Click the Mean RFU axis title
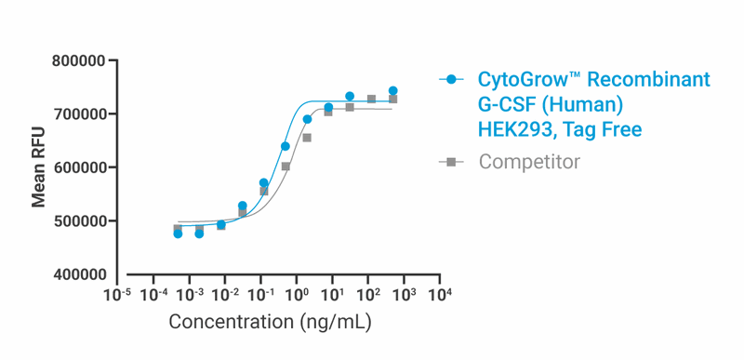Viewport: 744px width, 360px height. (39, 168)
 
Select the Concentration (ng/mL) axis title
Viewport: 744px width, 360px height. (270, 322)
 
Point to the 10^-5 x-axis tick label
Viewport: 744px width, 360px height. (116, 295)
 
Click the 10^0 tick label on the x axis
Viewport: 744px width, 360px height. (297, 295)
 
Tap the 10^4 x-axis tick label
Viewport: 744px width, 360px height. (440, 295)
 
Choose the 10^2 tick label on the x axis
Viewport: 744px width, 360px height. (368, 295)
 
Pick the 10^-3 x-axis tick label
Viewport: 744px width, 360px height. (188, 295)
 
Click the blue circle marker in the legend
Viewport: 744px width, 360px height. (451, 80)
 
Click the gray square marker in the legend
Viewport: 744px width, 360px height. (451, 162)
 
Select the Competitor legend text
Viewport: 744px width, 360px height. (529, 162)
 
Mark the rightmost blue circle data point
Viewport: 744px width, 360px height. (393, 91)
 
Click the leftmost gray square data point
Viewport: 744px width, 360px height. (178, 229)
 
